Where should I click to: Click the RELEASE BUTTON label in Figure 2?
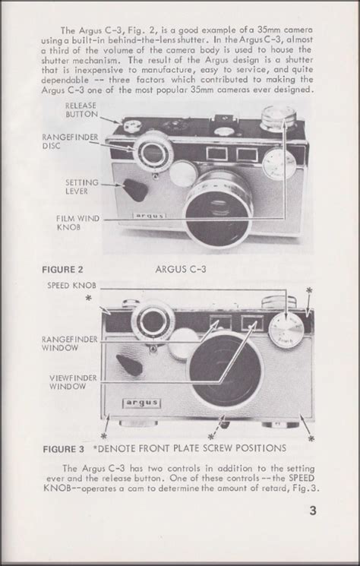click(81, 109)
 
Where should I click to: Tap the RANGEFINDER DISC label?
click(70, 141)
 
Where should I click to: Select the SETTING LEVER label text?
click(82, 187)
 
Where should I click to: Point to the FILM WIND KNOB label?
click(78, 223)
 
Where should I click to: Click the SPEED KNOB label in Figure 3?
click(72, 285)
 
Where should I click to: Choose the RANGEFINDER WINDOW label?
click(70, 343)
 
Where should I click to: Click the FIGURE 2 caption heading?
click(62, 269)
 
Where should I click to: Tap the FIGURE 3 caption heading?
click(64, 450)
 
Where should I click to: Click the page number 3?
click(313, 511)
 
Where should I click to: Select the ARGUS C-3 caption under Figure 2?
click(181, 269)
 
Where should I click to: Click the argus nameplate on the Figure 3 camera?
click(141, 403)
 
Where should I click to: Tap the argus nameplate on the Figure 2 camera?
click(150, 216)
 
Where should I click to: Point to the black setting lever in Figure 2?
click(135, 189)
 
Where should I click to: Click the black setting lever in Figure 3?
click(129, 365)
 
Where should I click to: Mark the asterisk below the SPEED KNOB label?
click(88, 299)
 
